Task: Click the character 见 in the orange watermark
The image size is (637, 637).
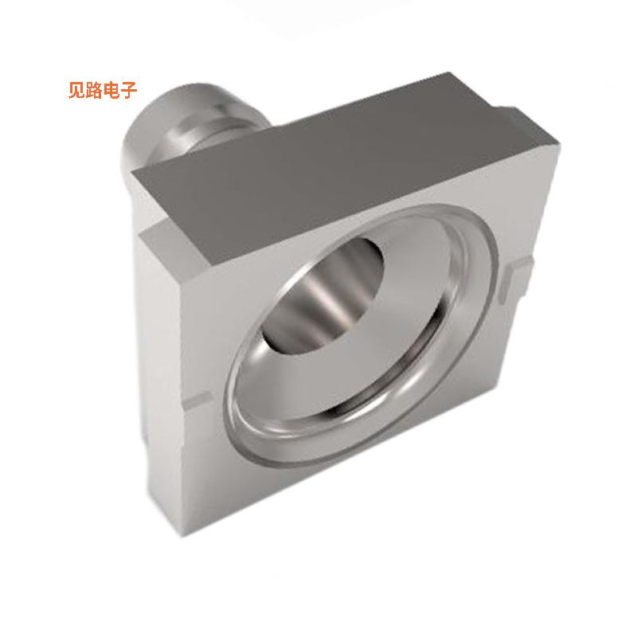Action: click(78, 90)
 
